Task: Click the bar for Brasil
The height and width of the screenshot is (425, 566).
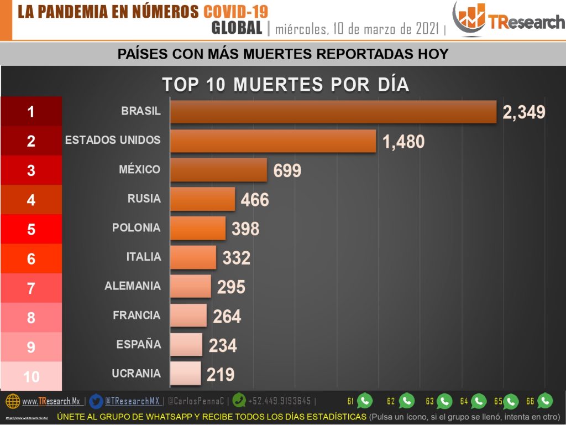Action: coord(333,112)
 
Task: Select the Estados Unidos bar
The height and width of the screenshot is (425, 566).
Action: coord(273,141)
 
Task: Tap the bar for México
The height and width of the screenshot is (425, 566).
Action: coord(218,170)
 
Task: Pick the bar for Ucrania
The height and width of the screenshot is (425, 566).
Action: coord(185,374)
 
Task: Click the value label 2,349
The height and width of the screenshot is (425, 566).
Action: coord(524,112)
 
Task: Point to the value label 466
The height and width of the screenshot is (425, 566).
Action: coord(255,200)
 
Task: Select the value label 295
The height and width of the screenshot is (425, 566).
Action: coord(230,287)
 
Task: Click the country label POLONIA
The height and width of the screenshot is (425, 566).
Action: coord(136,228)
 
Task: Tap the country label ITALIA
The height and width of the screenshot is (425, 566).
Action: coord(144,257)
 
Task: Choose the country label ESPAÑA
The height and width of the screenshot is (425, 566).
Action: coord(139,344)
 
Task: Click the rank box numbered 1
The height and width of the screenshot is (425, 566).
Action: coord(31,112)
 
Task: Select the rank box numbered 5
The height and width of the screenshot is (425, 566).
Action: coord(31,229)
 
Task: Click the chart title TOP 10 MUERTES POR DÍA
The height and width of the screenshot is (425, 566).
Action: coord(285,84)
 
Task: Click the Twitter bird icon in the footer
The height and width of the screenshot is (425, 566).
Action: coord(96,401)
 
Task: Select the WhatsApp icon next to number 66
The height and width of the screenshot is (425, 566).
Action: coord(545,401)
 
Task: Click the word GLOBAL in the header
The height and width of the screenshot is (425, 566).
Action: coord(237,28)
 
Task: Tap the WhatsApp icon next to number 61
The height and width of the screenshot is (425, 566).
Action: coord(365,401)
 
